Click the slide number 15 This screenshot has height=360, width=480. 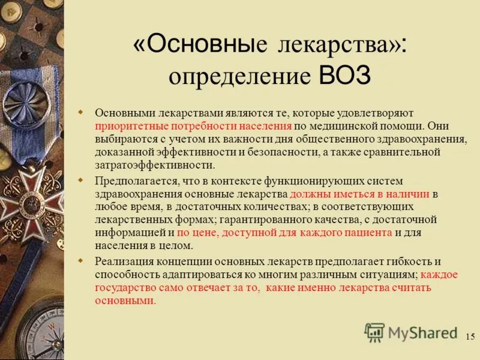470,335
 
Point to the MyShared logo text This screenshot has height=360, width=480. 422,333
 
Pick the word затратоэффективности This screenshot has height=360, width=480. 154,165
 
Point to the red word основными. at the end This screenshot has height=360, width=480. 125,301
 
